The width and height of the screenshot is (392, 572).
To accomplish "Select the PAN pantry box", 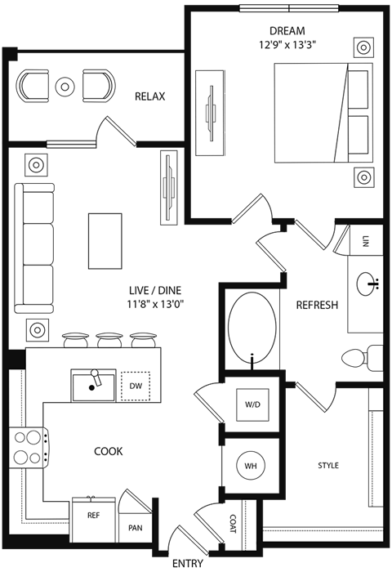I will pyautogui.click(x=134, y=528).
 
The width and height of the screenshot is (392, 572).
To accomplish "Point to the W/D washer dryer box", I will pyautogui.click(x=252, y=405).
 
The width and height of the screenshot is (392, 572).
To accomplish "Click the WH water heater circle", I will pyautogui.click(x=250, y=466).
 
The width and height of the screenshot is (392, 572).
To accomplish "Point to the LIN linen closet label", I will pyautogui.click(x=365, y=240).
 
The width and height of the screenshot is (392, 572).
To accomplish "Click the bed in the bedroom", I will pyautogui.click(x=319, y=114).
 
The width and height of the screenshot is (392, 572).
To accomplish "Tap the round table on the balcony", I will pyautogui.click(x=65, y=83).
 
